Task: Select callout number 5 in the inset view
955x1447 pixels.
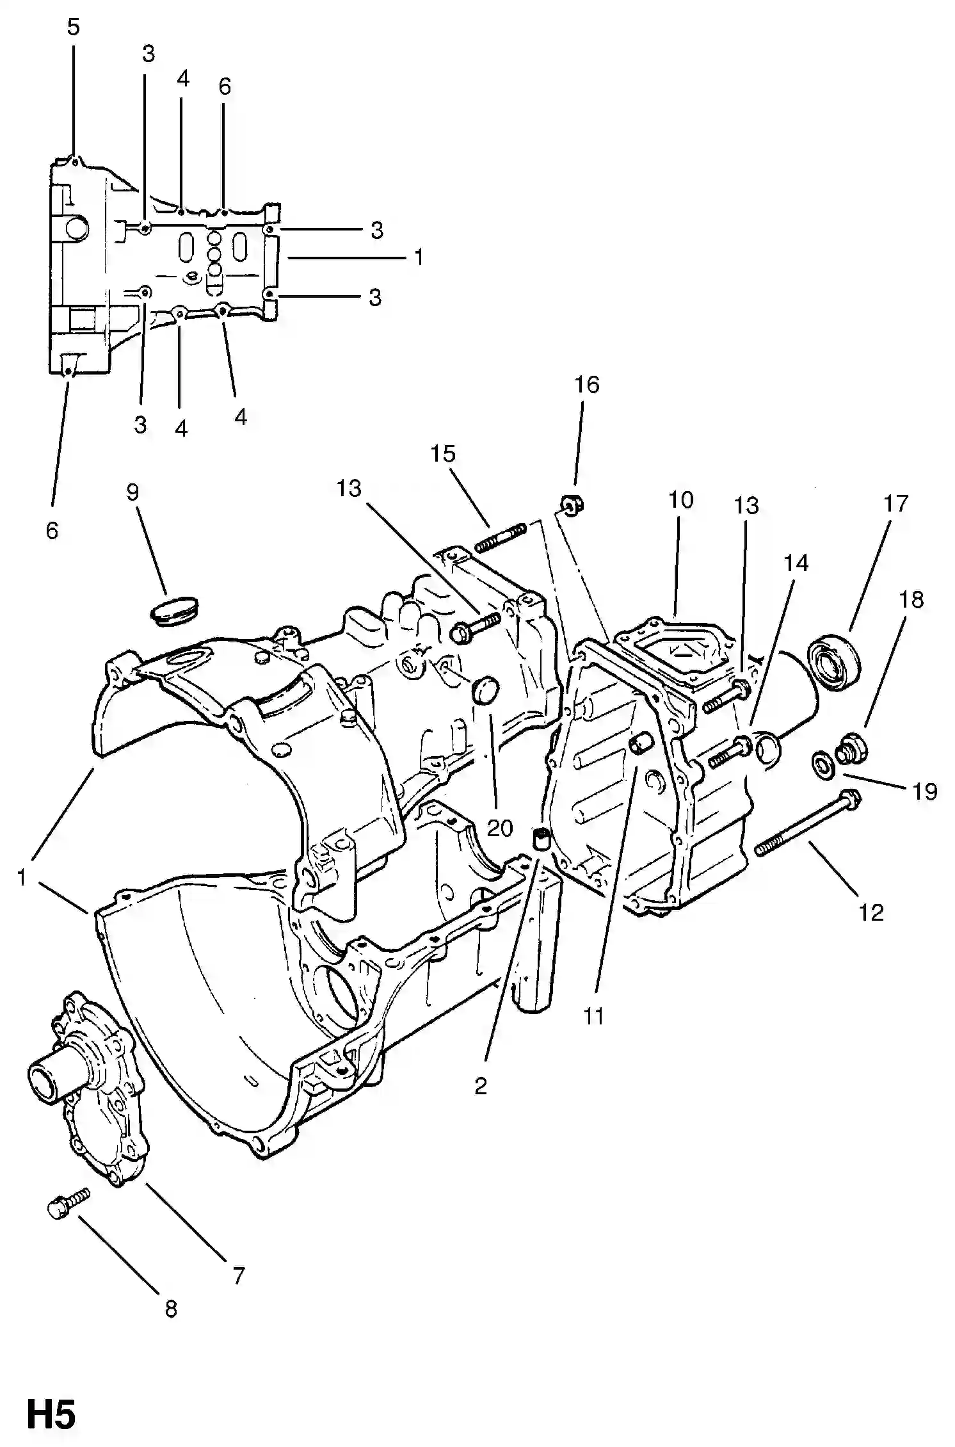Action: pos(73,28)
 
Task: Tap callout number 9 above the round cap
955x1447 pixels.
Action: pos(132,492)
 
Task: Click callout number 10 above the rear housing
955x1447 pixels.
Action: pos(681,500)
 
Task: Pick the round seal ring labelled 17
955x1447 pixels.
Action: pos(833,661)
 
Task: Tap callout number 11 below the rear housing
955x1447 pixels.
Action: pos(593,1016)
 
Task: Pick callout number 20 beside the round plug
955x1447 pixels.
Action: pos(500,829)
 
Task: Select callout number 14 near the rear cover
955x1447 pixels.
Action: pos(796,563)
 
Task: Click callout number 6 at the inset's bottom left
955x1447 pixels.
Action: pos(52,531)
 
